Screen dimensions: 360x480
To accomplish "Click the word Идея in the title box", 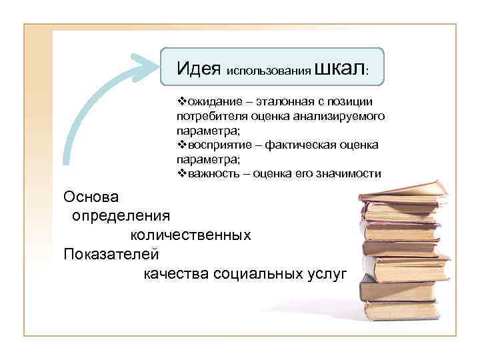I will (199, 68).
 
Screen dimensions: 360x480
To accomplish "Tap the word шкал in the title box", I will (339, 67).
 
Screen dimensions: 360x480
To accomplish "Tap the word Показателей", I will (111, 254).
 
